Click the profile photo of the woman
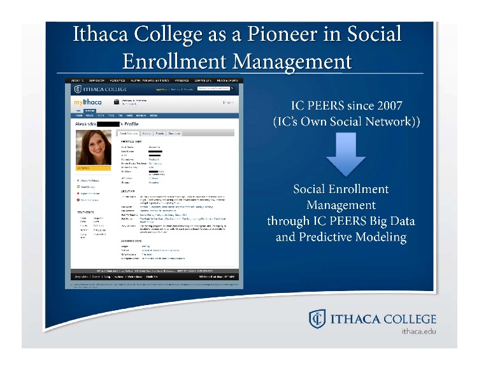(x=94, y=147)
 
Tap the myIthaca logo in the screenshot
(x=88, y=103)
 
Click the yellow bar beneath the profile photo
(x=94, y=169)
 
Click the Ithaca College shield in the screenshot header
(x=78, y=90)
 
